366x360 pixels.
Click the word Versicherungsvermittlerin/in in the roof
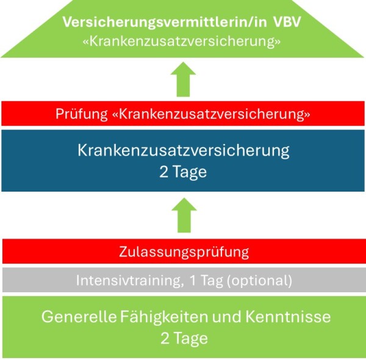click(x=165, y=23)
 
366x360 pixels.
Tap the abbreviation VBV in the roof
click(x=287, y=22)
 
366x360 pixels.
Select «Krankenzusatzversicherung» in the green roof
click(x=182, y=41)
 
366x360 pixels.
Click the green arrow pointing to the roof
click(x=183, y=79)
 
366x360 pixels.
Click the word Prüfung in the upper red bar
click(x=82, y=114)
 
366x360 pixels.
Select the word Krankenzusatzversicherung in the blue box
click(x=184, y=151)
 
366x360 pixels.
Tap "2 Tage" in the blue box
click(x=183, y=172)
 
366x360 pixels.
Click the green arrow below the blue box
click(x=184, y=215)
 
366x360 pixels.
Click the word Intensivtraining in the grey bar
click(x=129, y=280)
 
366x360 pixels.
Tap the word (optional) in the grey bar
click(x=259, y=281)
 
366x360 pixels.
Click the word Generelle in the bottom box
click(x=79, y=317)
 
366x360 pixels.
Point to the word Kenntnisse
click(x=288, y=317)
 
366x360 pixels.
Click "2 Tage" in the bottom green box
click(x=184, y=338)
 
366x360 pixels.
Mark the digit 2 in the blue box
click(x=164, y=172)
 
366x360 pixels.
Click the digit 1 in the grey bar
click(x=193, y=280)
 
